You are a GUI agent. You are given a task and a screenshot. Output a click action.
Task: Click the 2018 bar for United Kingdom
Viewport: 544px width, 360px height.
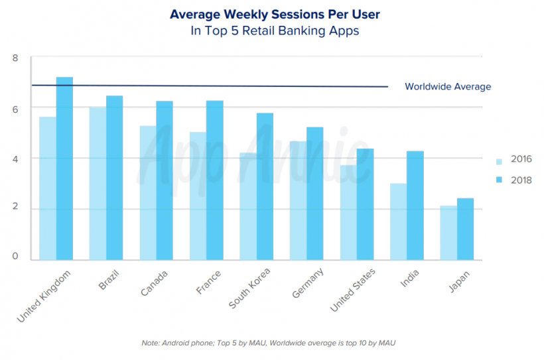coord(64,168)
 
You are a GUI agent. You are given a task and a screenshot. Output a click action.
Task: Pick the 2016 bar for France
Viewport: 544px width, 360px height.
coord(198,196)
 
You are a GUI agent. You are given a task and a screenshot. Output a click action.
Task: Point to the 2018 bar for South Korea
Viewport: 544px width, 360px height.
coord(265,186)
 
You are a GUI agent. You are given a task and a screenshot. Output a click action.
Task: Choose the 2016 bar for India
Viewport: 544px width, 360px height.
coord(398,221)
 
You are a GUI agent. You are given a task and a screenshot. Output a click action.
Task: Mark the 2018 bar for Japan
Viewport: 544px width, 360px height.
coord(465,229)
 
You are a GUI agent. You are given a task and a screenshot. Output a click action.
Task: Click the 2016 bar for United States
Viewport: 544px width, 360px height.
coord(348,212)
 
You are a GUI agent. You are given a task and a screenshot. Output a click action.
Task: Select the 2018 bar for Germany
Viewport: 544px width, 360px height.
coord(314,193)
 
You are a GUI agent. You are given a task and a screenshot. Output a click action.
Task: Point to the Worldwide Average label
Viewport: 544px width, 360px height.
coord(448,87)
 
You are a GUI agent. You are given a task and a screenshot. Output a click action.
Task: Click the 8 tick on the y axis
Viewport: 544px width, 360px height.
coord(15,58)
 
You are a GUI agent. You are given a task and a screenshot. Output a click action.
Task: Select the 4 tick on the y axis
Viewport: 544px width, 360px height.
coord(15,158)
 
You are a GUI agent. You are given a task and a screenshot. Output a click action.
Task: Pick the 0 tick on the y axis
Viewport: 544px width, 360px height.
coord(15,257)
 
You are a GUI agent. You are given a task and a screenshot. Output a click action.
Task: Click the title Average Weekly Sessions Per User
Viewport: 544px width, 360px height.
coord(265,14)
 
